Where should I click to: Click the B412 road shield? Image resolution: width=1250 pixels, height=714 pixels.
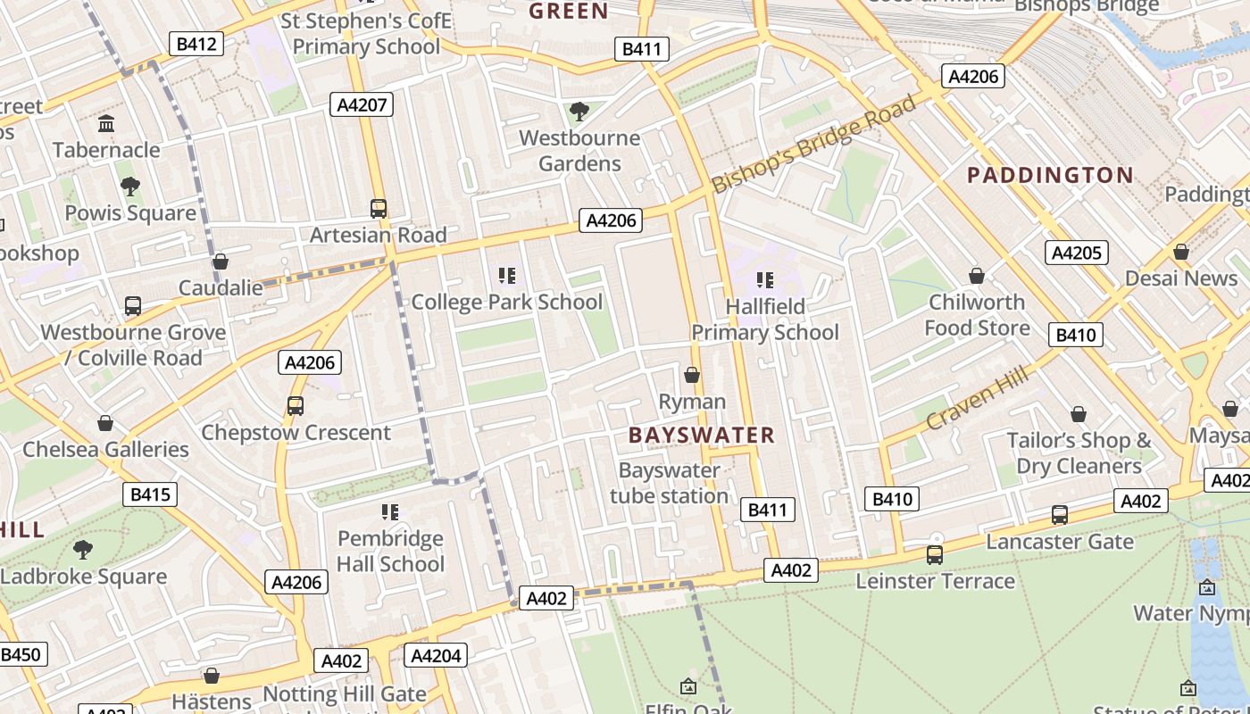coord(196,43)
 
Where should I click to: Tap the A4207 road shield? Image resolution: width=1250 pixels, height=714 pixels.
coord(362,104)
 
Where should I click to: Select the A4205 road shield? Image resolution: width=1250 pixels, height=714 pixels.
coord(1076,253)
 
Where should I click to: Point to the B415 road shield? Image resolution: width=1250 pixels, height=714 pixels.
coord(150,494)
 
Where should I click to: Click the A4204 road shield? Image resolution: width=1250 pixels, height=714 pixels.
coord(436,656)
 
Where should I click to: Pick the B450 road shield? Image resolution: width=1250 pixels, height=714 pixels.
coord(21,654)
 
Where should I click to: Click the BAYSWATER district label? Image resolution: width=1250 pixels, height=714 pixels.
coord(702,436)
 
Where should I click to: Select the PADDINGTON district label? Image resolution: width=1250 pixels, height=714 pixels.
coord(1050,175)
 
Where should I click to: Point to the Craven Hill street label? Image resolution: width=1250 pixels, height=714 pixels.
coord(977,398)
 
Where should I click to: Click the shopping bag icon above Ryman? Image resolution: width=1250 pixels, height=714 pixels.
coord(692,375)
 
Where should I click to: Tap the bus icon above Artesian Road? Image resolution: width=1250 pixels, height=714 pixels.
coord(379,209)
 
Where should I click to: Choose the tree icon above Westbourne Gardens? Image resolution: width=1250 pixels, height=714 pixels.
coord(579,112)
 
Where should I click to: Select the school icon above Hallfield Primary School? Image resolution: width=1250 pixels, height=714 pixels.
coord(764,280)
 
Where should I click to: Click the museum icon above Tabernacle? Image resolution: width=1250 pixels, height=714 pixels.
coord(106,123)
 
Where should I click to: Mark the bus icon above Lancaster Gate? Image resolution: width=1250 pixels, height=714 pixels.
coord(1059,515)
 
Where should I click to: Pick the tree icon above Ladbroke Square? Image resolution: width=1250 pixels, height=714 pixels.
coord(83,549)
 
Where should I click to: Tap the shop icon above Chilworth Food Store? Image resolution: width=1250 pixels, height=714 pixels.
coord(977,276)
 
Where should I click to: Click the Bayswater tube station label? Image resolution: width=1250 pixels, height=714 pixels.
coord(669,483)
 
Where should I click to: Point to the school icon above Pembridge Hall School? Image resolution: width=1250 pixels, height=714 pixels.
coord(390,511)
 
